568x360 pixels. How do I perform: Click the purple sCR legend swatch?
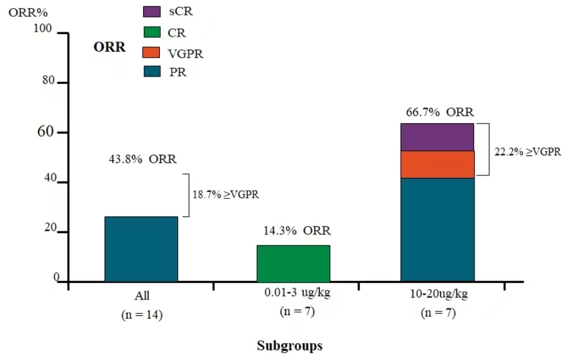pyautogui.click(x=153, y=12)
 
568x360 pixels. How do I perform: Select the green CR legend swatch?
pyautogui.click(x=153, y=32)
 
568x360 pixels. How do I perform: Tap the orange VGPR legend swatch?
pyautogui.click(x=153, y=52)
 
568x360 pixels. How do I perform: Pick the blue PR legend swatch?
pyautogui.click(x=153, y=72)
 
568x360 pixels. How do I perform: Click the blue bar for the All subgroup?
pyautogui.click(x=141, y=249)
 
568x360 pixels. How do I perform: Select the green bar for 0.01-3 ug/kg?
pyautogui.click(x=293, y=263)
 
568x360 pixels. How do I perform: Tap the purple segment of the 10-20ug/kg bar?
pyautogui.click(x=437, y=137)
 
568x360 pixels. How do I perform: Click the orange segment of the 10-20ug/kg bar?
pyautogui.click(x=437, y=164)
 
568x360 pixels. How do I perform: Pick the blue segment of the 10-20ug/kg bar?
pyautogui.click(x=437, y=229)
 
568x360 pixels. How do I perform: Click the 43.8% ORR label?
pyautogui.click(x=142, y=159)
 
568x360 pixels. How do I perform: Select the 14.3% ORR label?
pyautogui.click(x=294, y=231)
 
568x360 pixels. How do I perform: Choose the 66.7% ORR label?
pyautogui.click(x=439, y=113)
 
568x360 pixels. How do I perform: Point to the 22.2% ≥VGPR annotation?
pyautogui.click(x=528, y=151)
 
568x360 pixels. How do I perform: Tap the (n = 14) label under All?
pyautogui.click(x=142, y=315)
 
